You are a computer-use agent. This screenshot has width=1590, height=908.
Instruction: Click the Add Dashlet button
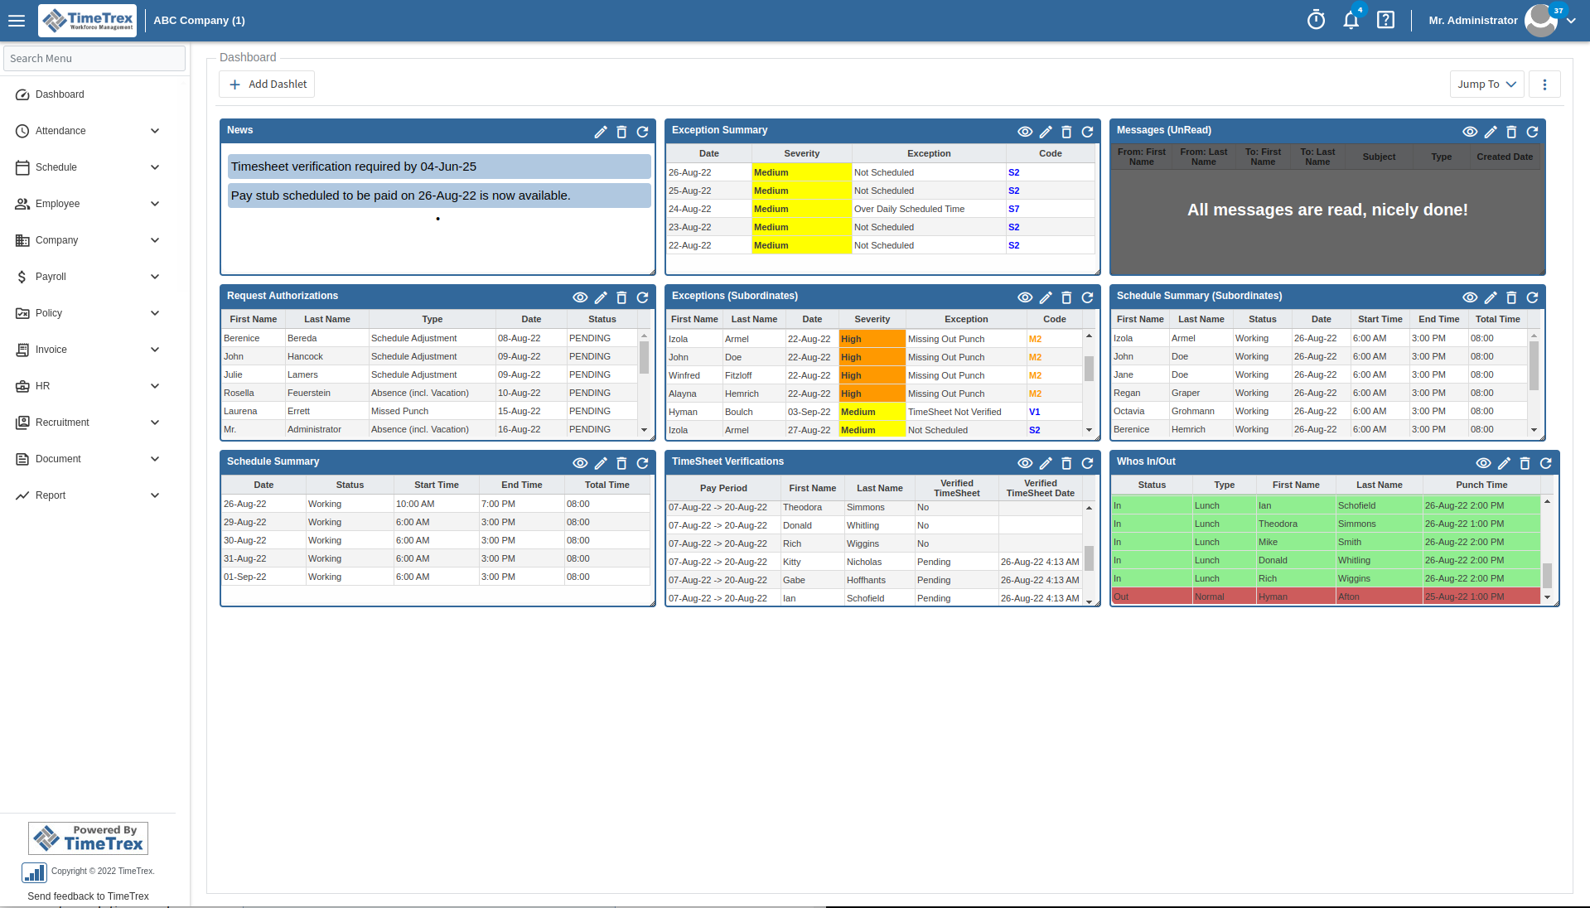268,85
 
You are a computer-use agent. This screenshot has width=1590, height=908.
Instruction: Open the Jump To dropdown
1486,85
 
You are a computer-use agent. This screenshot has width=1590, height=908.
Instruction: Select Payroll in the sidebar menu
51,277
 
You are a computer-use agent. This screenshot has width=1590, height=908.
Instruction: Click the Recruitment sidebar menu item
62,423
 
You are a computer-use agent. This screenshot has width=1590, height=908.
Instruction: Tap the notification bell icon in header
1351,21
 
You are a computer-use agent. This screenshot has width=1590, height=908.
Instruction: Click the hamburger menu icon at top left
17,21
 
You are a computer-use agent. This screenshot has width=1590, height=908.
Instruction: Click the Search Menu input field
94,59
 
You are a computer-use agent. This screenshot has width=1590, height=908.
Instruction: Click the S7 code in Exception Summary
1013,209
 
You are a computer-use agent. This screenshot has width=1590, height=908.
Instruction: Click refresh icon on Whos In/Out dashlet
1545,463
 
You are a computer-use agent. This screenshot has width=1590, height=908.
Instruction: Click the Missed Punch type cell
399,411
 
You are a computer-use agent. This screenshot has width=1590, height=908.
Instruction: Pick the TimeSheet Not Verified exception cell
954,412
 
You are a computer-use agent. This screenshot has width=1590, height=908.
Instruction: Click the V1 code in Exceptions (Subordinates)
1034,412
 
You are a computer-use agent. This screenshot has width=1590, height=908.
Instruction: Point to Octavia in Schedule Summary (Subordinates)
1128,411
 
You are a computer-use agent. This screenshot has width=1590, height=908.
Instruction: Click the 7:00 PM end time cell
498,504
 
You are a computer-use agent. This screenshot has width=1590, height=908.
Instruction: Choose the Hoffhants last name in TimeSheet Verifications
866,580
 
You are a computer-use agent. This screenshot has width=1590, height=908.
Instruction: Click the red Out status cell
1121,596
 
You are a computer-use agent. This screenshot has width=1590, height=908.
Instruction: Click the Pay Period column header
723,488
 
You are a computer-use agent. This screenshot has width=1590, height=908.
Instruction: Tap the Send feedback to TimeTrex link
88,896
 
